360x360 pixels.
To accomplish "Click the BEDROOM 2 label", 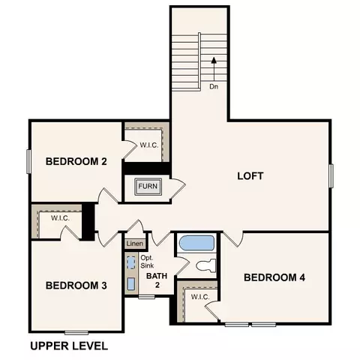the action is pyautogui.click(x=76, y=161).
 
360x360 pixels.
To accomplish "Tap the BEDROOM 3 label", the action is pyautogui.click(x=76, y=286).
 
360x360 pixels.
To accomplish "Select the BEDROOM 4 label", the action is pyautogui.click(x=274, y=277).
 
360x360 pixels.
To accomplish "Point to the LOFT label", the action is pyautogui.click(x=250, y=176).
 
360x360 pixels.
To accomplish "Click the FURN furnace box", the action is pyautogui.click(x=148, y=187).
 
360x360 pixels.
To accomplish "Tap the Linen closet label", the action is pyautogui.click(x=135, y=244).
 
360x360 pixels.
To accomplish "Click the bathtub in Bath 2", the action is pyautogui.click(x=197, y=243).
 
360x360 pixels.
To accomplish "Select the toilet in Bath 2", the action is pyautogui.click(x=206, y=265).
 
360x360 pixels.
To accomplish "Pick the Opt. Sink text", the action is pyautogui.click(x=147, y=262).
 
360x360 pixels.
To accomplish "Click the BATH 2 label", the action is pyautogui.click(x=157, y=280).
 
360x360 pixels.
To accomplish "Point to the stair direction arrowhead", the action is pyautogui.click(x=214, y=60).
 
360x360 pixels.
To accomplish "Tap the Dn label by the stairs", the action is pyautogui.click(x=214, y=87).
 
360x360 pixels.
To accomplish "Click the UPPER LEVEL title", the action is pyautogui.click(x=69, y=346).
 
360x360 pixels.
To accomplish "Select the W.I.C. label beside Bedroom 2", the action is pyautogui.click(x=149, y=145).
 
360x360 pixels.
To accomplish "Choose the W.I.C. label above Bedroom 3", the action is pyautogui.click(x=60, y=218).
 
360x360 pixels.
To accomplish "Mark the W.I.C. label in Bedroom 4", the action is pyautogui.click(x=200, y=297).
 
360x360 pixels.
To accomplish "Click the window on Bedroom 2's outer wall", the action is pyautogui.click(x=29, y=161).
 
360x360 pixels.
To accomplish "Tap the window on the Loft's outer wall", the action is pyautogui.click(x=331, y=175).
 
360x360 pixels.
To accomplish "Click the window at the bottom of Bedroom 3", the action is pyautogui.click(x=76, y=332).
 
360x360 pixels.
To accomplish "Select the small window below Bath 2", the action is pyautogui.click(x=147, y=297).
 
